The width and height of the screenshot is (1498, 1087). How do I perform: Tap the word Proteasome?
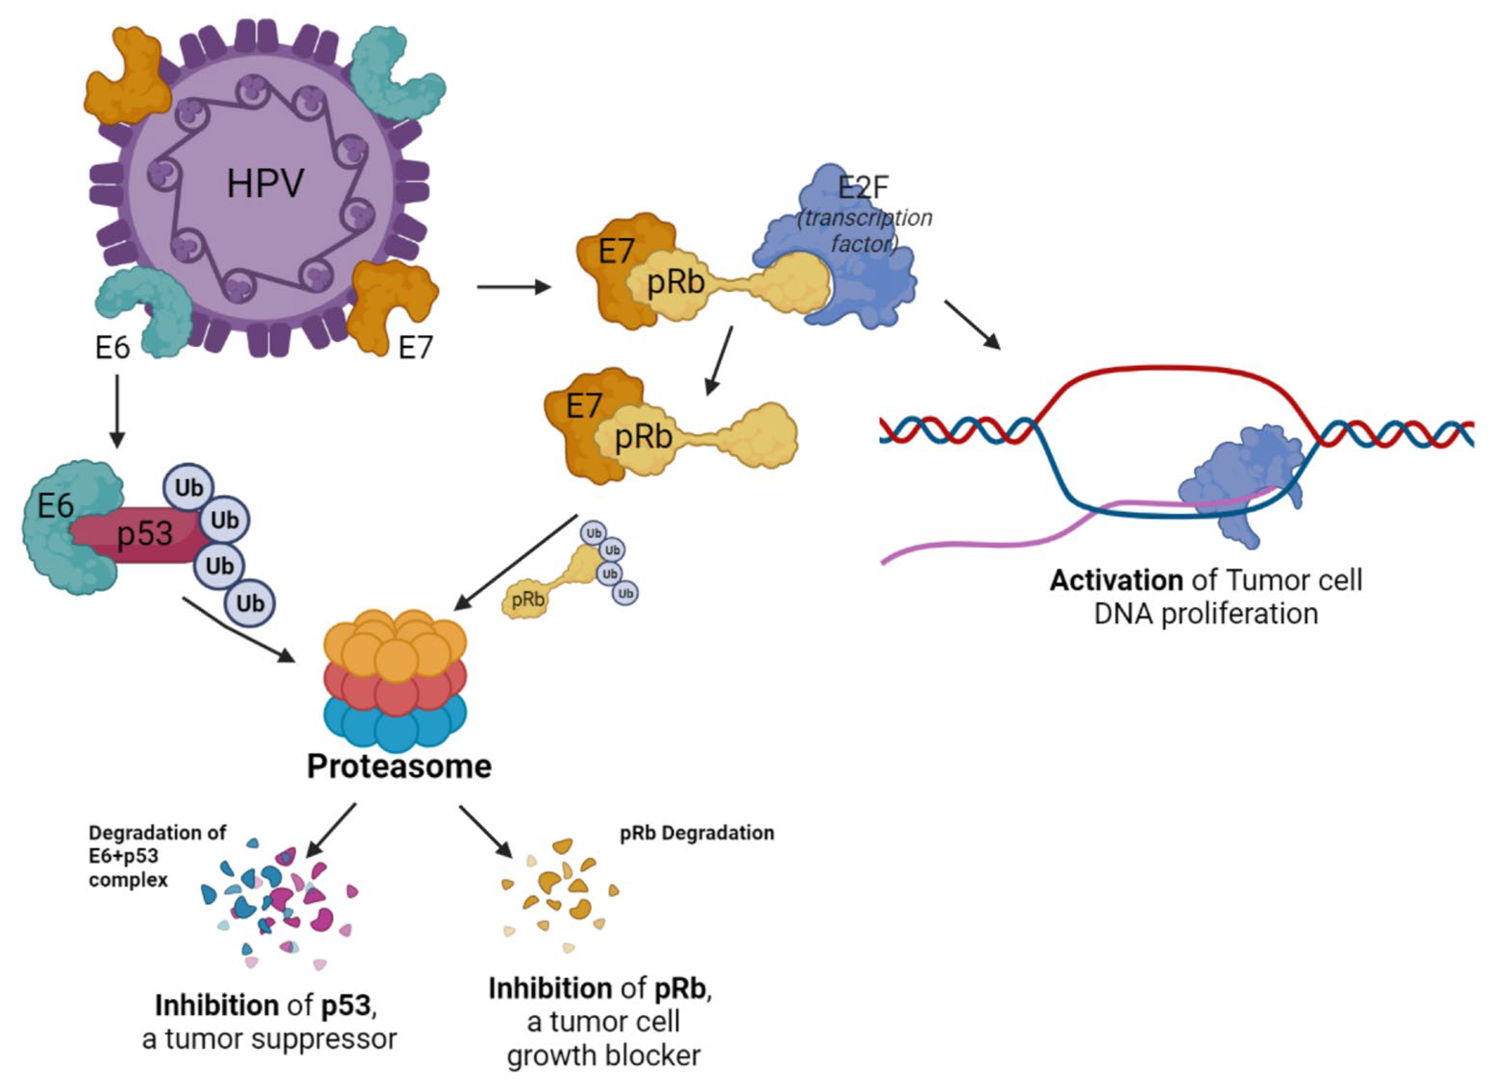[399, 766]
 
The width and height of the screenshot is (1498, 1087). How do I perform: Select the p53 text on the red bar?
[145, 534]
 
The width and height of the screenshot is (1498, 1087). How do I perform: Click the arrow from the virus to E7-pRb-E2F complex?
[513, 287]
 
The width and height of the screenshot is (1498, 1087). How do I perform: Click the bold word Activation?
[1116, 580]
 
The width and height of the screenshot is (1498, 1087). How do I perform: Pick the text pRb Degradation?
[697, 833]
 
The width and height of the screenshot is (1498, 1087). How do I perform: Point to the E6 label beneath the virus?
[112, 347]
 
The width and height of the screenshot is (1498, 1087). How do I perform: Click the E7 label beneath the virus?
[415, 347]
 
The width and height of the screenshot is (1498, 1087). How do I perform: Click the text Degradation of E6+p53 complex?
[157, 856]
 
